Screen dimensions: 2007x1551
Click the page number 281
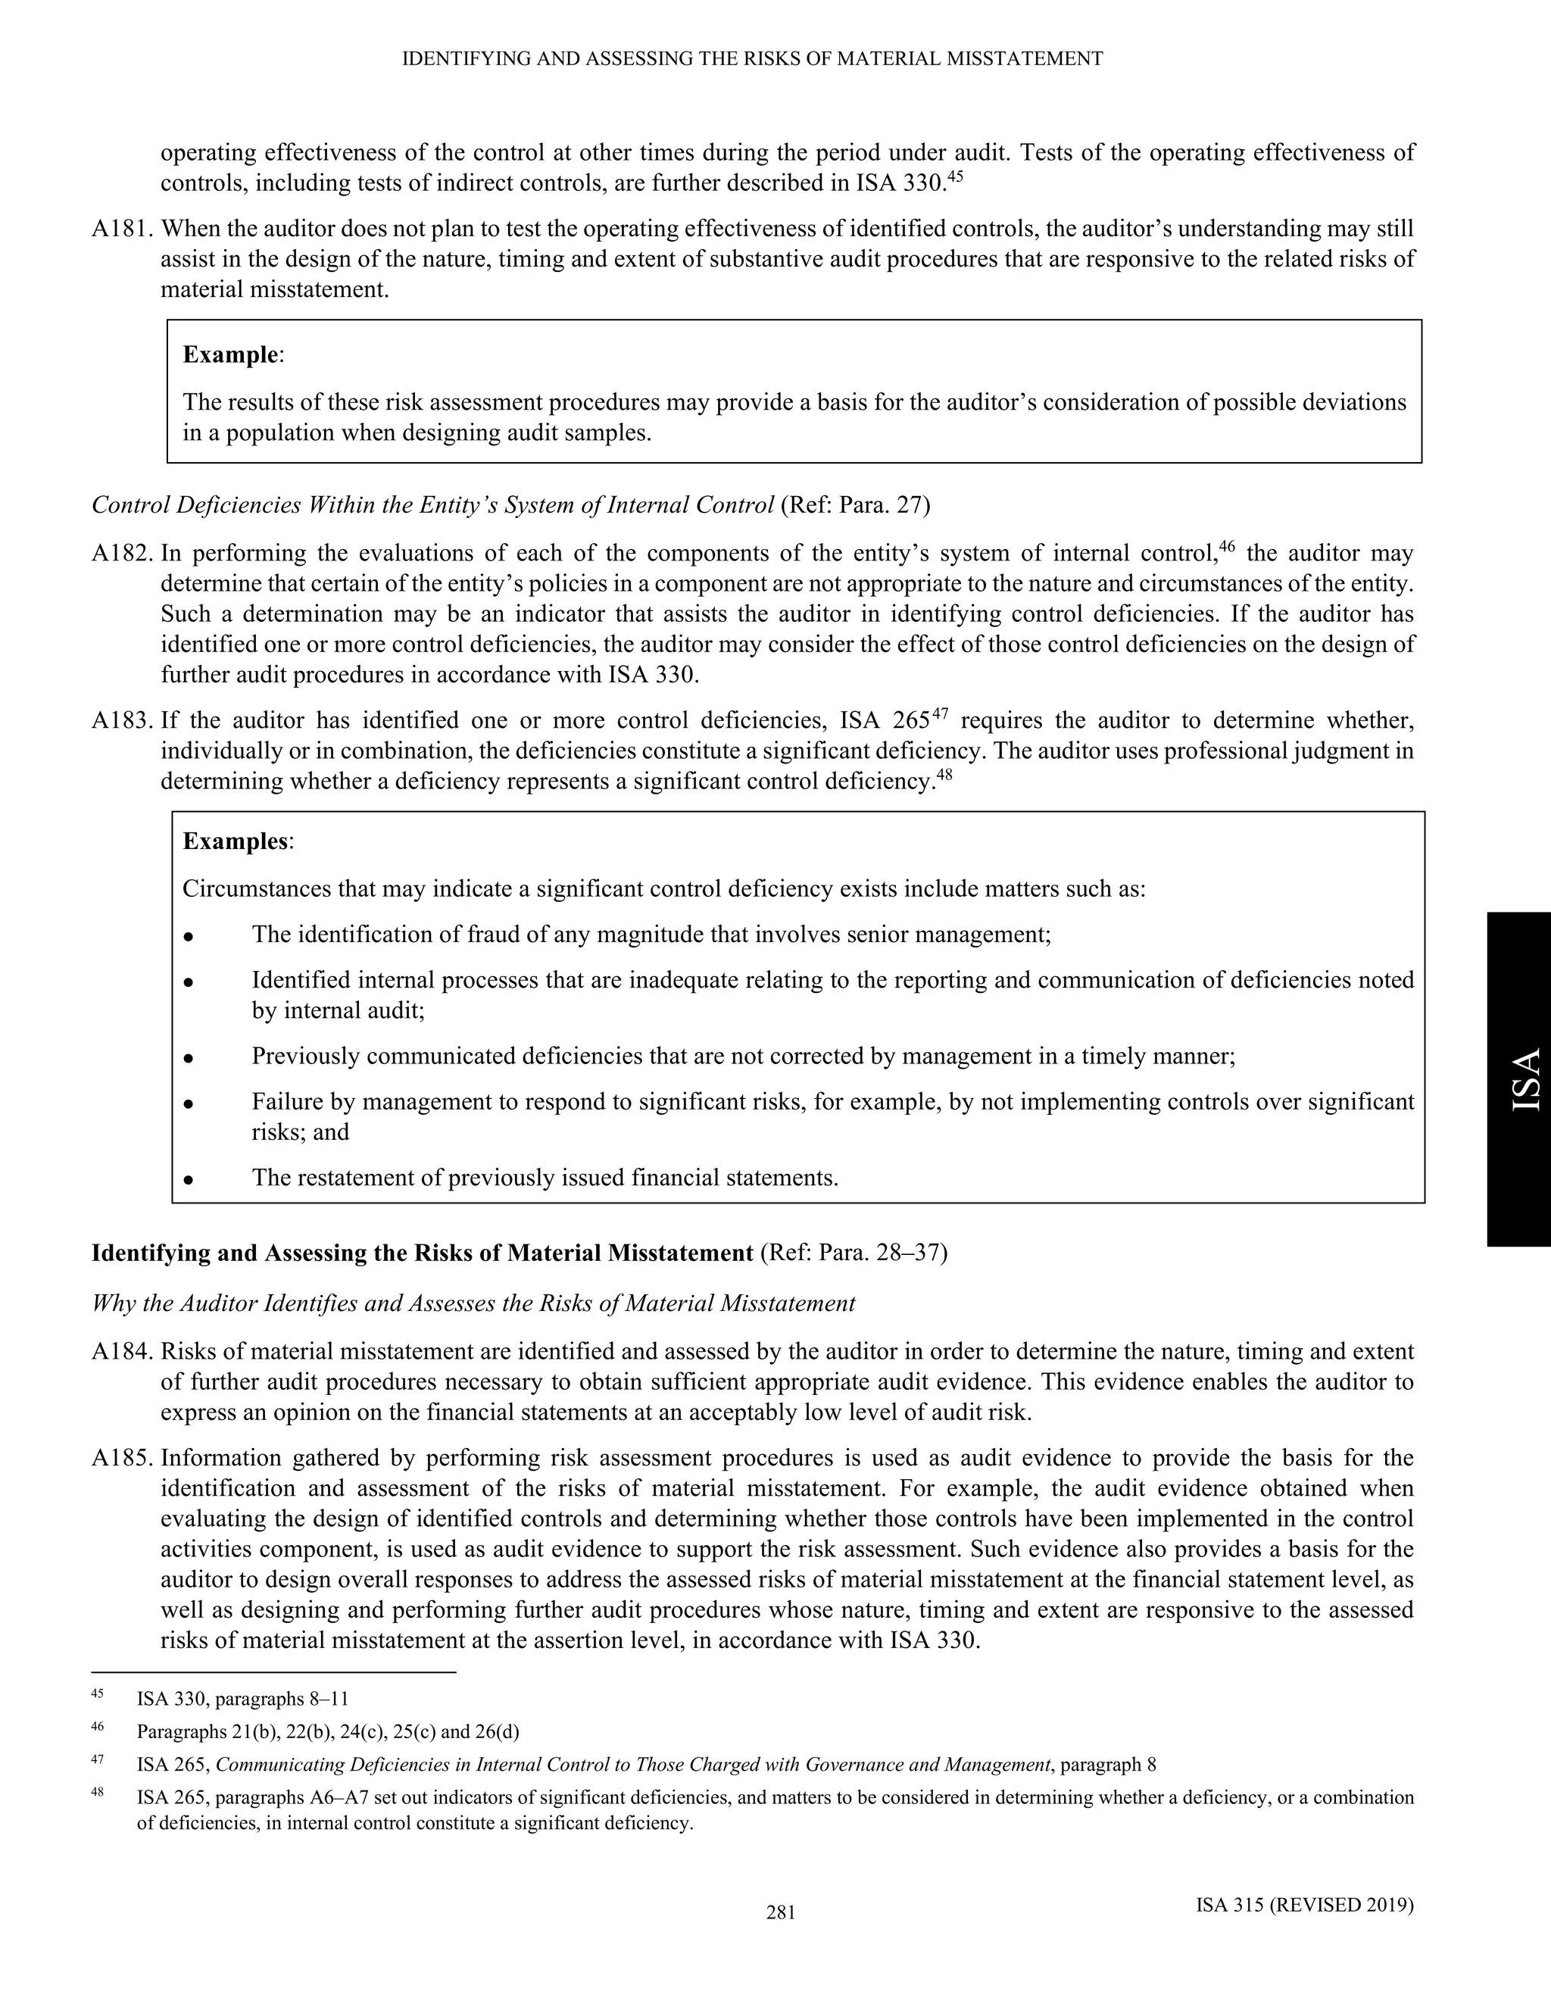tap(780, 1912)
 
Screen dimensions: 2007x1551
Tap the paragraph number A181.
tap(123, 229)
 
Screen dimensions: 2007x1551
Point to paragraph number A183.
tap(123, 720)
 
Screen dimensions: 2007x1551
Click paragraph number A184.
tap(123, 1352)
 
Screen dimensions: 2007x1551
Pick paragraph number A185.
tap(123, 1459)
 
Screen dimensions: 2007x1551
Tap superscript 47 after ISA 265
tap(939, 714)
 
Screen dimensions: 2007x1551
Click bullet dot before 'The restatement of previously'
tap(188, 1179)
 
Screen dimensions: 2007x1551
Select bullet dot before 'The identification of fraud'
tap(188, 936)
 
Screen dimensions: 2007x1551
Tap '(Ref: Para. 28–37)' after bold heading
tap(854, 1253)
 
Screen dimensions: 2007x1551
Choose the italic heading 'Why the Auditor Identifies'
tap(473, 1303)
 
